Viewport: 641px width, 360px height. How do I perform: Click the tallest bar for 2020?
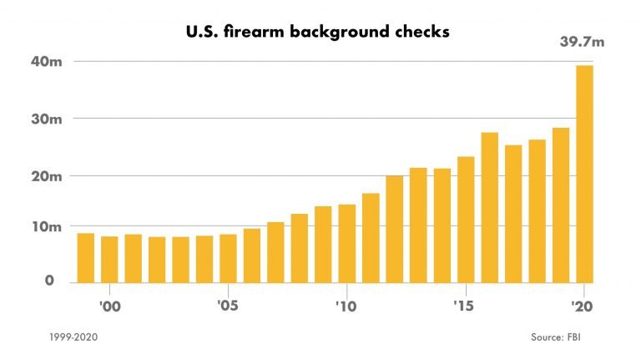coord(584,174)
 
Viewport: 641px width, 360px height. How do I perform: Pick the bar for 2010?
coord(346,243)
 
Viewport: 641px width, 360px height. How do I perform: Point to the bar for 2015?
coord(466,219)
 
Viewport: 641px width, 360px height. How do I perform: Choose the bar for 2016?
coord(489,207)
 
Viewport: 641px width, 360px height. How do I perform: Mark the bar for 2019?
coord(561,205)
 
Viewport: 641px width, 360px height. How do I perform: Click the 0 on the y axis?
coord(49,281)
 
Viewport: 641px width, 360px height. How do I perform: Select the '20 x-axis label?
coord(583,307)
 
